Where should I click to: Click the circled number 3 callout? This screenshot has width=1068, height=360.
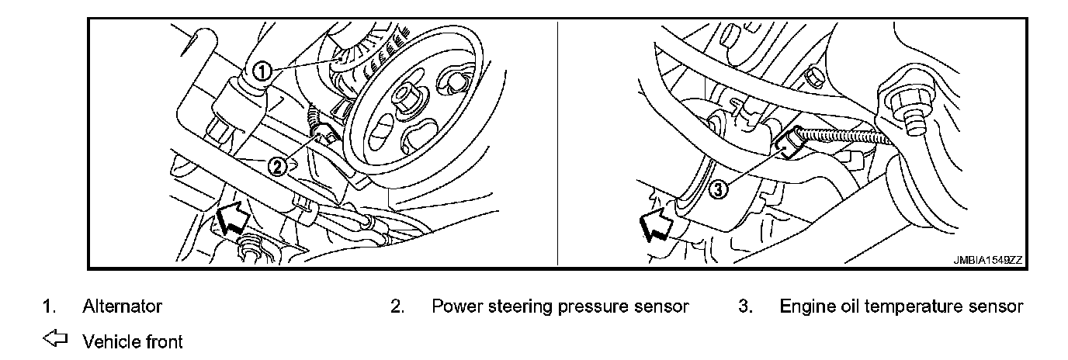point(719,189)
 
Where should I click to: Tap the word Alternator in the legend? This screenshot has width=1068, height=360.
point(123,306)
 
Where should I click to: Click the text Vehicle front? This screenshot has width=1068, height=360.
point(133,341)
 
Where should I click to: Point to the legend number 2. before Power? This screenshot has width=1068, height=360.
point(397,306)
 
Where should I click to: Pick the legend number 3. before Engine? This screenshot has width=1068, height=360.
point(746,306)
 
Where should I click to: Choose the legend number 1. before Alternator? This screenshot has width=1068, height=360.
point(49,306)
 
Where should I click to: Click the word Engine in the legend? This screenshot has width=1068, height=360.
point(805,306)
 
